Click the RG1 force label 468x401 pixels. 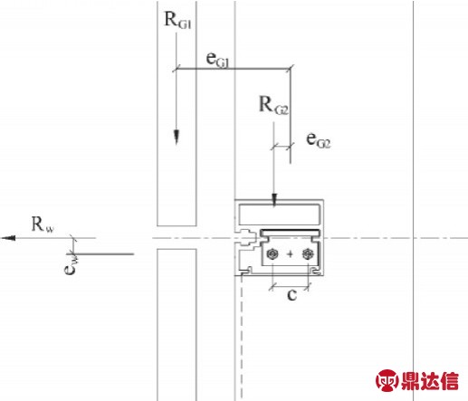(177, 20)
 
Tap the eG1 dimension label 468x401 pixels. (217, 59)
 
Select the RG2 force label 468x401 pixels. (273, 106)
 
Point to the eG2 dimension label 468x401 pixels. (319, 140)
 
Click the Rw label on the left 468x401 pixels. (43, 224)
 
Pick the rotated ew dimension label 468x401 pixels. (71, 265)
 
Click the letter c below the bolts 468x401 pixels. (291, 295)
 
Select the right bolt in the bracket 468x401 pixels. (308, 253)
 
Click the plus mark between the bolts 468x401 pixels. (290, 253)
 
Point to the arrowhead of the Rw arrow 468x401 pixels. (8, 238)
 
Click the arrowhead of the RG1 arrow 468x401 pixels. (177, 137)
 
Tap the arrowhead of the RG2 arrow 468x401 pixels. (274, 200)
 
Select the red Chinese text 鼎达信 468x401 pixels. (430, 381)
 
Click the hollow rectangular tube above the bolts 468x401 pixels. (280, 215)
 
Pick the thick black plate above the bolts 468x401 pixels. (290, 233)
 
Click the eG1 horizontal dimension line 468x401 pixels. (234, 69)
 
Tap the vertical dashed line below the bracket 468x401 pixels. (242, 338)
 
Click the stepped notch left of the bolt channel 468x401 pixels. (248, 238)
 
